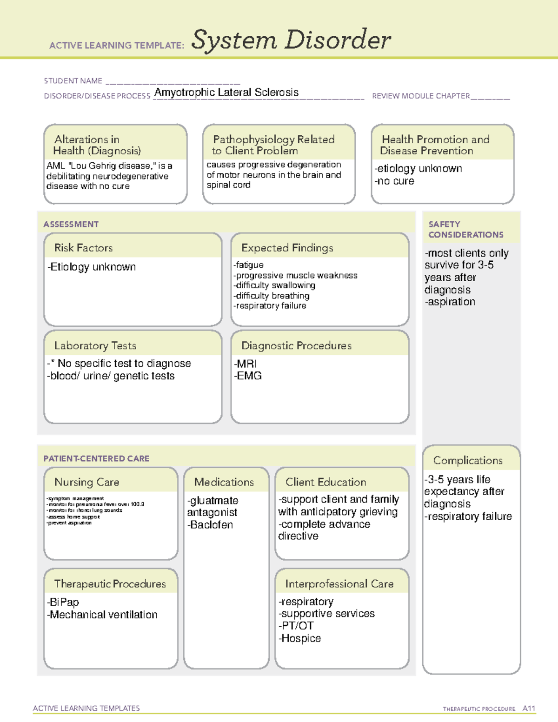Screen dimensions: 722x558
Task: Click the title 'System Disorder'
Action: click(x=291, y=40)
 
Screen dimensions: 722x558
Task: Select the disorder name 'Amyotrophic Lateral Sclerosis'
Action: click(x=226, y=93)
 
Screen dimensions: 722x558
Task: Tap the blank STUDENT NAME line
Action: click(x=173, y=81)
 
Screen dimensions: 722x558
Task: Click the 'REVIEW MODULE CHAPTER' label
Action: click(x=421, y=96)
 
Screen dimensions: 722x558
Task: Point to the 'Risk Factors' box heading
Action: click(x=84, y=248)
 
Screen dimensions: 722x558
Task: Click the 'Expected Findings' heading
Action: click(x=287, y=248)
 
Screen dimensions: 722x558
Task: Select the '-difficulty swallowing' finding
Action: click(x=274, y=285)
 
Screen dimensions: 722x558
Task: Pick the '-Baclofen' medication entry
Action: click(x=210, y=525)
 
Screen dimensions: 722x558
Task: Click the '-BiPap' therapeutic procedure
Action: click(x=63, y=602)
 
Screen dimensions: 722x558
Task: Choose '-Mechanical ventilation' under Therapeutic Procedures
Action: click(x=102, y=615)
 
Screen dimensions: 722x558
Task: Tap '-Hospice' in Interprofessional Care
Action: click(x=300, y=638)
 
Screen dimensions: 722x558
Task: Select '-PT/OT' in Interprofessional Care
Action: click(x=296, y=626)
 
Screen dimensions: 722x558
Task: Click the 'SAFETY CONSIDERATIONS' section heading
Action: click(x=465, y=230)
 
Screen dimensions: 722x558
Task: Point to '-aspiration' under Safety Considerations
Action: click(x=450, y=302)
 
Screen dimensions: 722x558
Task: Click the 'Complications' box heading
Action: click(x=468, y=460)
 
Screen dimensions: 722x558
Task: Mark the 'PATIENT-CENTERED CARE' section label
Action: click(x=97, y=458)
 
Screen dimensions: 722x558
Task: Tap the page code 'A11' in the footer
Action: click(x=529, y=709)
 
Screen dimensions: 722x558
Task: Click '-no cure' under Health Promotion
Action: click(x=394, y=181)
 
